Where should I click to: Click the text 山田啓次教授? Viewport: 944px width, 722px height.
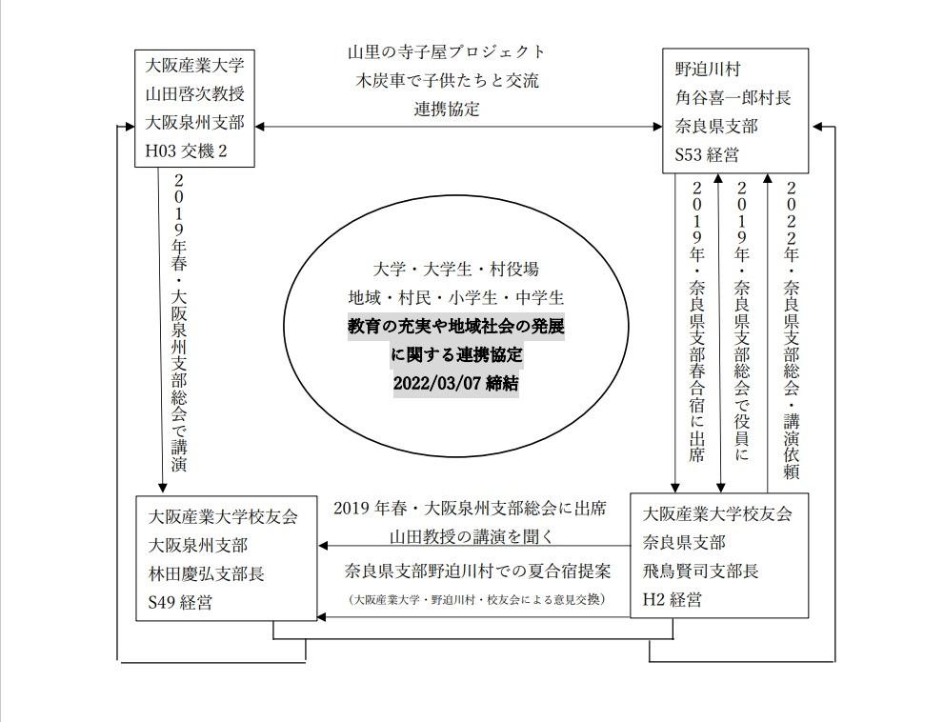(195, 94)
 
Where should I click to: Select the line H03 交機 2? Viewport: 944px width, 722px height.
(186, 150)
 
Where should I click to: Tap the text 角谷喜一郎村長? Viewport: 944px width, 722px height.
(733, 97)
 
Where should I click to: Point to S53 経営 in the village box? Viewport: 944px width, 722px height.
(707, 154)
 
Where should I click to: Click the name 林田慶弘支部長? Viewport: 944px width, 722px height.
(207, 573)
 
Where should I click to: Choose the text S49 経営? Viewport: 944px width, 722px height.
(180, 602)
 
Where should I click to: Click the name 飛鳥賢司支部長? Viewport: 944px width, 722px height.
(701, 571)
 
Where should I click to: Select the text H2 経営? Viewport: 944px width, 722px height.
(672, 599)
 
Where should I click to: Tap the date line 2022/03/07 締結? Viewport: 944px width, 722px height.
(455, 383)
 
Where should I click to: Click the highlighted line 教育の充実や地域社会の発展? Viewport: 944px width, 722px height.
(455, 327)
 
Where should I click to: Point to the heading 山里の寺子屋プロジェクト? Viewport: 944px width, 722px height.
(446, 51)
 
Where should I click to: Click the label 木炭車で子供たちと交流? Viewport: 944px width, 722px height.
(446, 80)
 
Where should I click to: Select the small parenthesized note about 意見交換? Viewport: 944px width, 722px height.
(476, 600)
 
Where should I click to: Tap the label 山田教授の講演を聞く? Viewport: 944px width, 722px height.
(472, 536)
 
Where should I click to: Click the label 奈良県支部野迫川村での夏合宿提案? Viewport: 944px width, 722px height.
(477, 571)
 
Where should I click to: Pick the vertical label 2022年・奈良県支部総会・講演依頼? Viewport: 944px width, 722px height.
(791, 330)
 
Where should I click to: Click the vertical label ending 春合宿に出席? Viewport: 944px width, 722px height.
(696, 322)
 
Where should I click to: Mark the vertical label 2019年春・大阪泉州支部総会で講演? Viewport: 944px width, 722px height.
(179, 323)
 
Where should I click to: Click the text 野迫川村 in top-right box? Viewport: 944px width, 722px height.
(708, 70)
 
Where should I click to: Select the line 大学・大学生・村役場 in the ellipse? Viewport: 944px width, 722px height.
(455, 270)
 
